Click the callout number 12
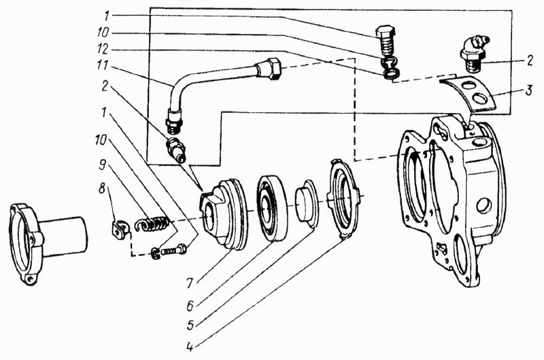(103, 50)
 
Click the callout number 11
(103, 66)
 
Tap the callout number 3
(528, 92)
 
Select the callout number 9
(101, 165)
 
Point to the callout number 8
(101, 190)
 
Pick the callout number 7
(189, 284)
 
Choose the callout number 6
(190, 306)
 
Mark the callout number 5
(190, 325)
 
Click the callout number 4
(190, 346)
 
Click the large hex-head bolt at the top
(386, 40)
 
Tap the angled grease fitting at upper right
(473, 53)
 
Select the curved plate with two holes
(467, 94)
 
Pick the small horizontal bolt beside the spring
(170, 251)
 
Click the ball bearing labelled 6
(272, 208)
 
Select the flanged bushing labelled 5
(306, 203)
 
